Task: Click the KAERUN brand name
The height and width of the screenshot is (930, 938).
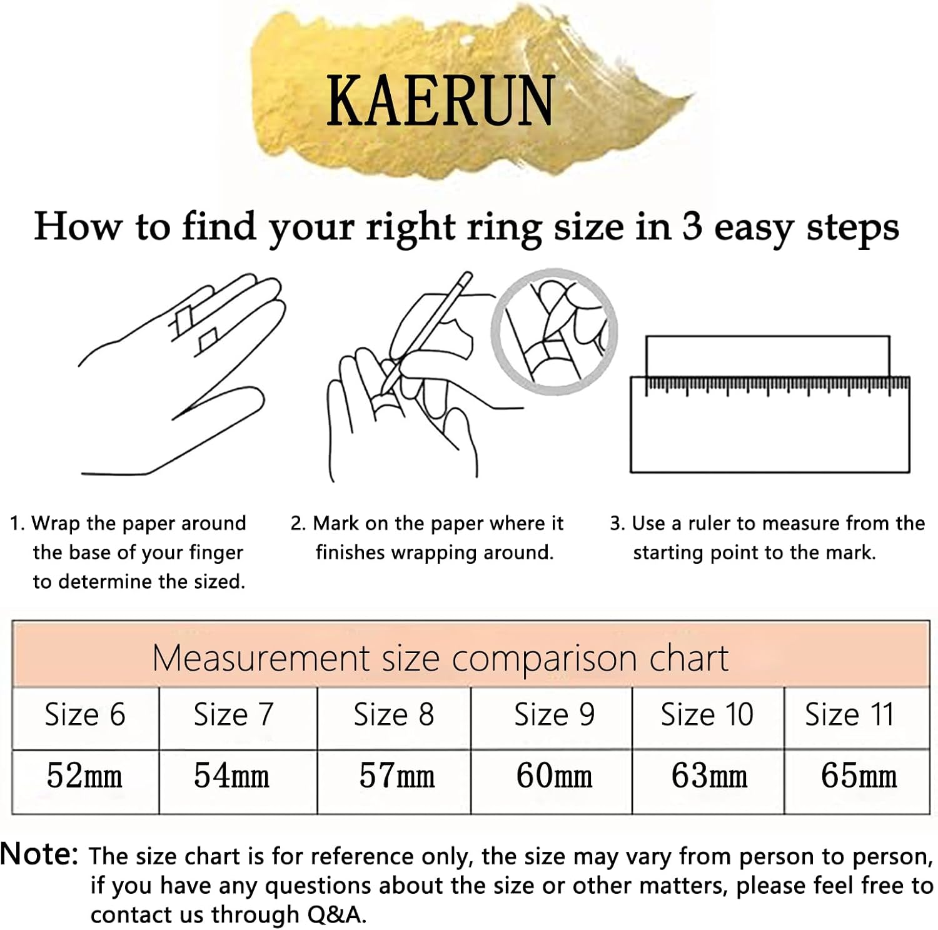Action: pyautogui.click(x=441, y=101)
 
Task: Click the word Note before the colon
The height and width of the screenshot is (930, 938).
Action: pyautogui.click(x=36, y=854)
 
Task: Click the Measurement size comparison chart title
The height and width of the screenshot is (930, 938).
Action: pyautogui.click(x=440, y=658)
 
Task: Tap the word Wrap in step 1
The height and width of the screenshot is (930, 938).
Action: pyautogui.click(x=56, y=524)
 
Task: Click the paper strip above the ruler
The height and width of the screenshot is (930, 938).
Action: pyautogui.click(x=767, y=356)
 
